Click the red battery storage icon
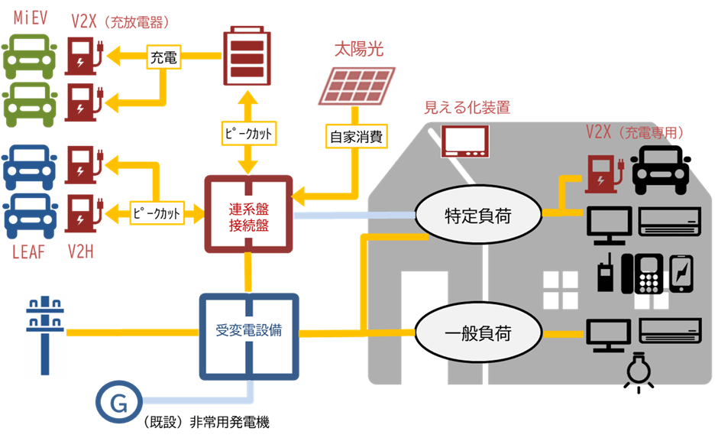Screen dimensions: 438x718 [247, 57]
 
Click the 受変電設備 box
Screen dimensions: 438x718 [248, 332]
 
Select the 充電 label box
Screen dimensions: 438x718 [163, 56]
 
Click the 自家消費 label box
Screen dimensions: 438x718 [356, 138]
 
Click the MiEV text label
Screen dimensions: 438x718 [31, 17]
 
